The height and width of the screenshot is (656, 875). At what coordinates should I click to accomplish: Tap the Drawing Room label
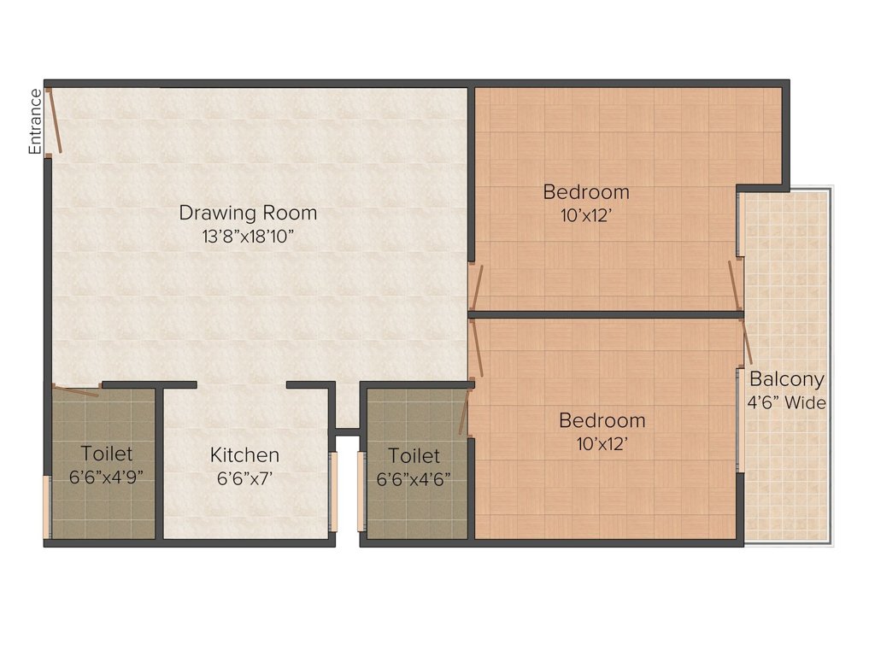pos(248,212)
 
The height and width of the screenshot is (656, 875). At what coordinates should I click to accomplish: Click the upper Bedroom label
pos(586,191)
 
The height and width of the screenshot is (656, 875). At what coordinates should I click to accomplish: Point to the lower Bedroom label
pos(602,420)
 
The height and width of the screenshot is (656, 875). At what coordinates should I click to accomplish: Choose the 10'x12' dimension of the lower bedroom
pos(602,443)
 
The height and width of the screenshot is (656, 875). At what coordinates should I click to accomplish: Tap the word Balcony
pos(787,379)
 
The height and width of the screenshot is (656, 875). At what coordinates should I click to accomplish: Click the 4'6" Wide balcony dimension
pos(787,402)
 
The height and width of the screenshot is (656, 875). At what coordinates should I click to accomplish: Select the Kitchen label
pos(244,455)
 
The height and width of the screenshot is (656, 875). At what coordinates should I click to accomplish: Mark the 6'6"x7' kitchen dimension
pos(244,478)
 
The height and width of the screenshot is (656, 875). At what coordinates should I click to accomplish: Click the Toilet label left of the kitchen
pos(107,453)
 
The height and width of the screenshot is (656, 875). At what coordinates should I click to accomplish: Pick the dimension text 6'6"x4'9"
pos(106,477)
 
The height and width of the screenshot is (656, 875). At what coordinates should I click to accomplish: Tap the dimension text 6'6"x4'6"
pos(414,478)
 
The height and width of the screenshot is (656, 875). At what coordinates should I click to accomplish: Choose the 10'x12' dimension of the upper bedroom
pos(586,215)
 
